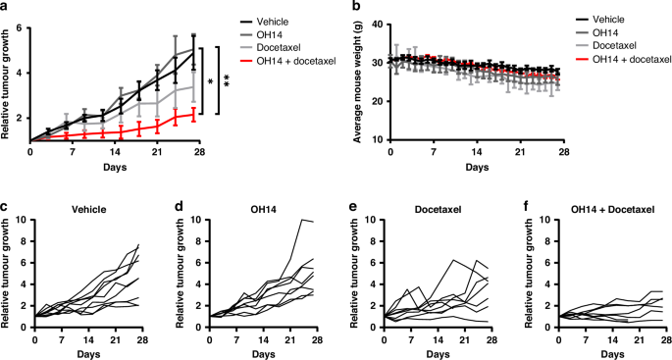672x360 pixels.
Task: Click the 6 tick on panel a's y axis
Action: tap(22, 28)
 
